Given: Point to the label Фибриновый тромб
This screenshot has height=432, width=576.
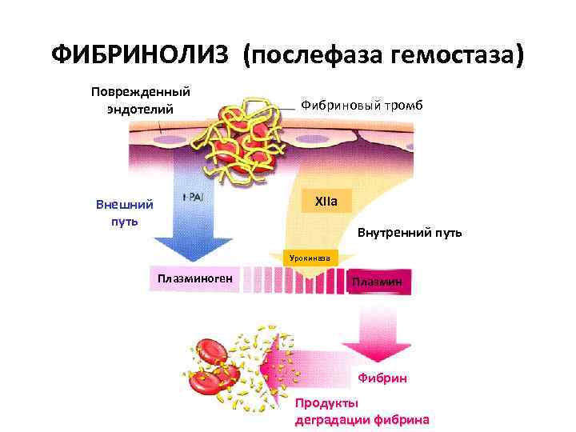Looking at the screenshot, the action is coord(361,106).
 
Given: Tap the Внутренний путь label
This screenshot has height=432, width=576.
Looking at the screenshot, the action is coord(409,234).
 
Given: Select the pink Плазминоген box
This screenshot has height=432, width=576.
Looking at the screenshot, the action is coord(194,278).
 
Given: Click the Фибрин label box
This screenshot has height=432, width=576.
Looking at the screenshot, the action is coord(382,376).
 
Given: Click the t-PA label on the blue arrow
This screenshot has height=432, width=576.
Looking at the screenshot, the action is coord(192,198).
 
